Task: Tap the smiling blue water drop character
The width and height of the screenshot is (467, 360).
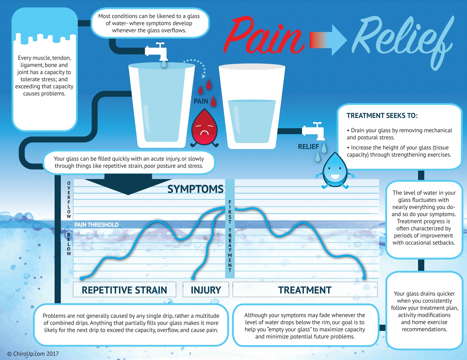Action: (335, 171)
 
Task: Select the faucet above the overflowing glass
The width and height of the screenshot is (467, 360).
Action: (157, 52)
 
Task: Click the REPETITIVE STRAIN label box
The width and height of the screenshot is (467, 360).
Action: (124, 290)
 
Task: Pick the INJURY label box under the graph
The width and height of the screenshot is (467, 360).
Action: (206, 290)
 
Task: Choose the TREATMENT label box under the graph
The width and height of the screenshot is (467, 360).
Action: (305, 290)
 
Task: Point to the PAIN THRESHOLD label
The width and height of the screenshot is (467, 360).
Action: (96, 225)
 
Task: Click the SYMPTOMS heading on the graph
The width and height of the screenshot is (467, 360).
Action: (195, 189)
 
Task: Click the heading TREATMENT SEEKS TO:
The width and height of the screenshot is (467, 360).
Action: (382, 116)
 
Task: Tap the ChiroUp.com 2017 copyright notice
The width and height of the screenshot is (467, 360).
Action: (33, 353)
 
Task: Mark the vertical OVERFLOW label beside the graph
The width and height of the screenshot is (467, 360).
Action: (69, 200)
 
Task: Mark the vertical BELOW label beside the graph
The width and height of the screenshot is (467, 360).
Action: (69, 244)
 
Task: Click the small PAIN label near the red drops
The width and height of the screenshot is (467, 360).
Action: (201, 101)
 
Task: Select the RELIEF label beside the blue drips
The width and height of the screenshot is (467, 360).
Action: (308, 146)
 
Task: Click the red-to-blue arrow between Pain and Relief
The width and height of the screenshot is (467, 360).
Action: (328, 40)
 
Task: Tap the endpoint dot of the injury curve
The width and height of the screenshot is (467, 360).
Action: (193, 278)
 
